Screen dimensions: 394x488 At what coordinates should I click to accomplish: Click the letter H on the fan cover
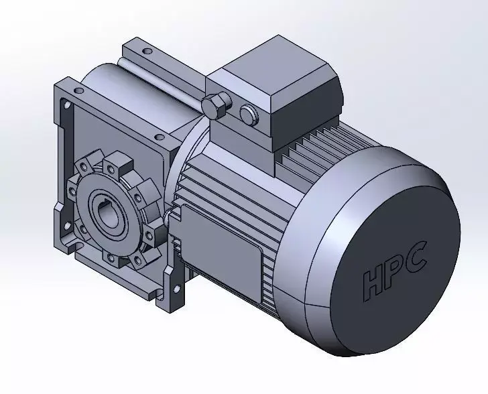(x=373, y=281)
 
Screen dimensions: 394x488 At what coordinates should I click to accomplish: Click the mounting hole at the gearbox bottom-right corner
(x=178, y=289)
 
